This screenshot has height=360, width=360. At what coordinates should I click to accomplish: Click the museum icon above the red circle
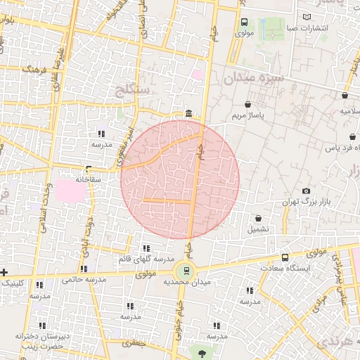(x=188, y=114)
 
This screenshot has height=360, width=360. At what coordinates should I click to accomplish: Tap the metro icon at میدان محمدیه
(x=185, y=269)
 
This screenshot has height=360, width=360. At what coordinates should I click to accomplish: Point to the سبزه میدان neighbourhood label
(x=255, y=77)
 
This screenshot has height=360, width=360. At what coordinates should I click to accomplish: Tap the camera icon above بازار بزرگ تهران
(x=306, y=191)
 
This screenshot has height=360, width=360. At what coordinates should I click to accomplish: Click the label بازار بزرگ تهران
(x=306, y=202)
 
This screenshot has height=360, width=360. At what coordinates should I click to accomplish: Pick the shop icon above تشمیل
(x=259, y=219)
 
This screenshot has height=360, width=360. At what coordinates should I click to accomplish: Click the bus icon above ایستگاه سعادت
(x=285, y=257)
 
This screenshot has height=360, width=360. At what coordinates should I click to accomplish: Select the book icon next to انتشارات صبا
(x=305, y=16)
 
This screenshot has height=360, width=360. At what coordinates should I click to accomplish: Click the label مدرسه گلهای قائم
(x=146, y=259)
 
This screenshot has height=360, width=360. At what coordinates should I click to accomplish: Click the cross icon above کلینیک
(x=4, y=272)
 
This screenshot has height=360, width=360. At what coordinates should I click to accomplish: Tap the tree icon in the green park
(x=202, y=353)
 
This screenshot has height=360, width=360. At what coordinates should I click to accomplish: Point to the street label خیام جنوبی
(x=176, y=316)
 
